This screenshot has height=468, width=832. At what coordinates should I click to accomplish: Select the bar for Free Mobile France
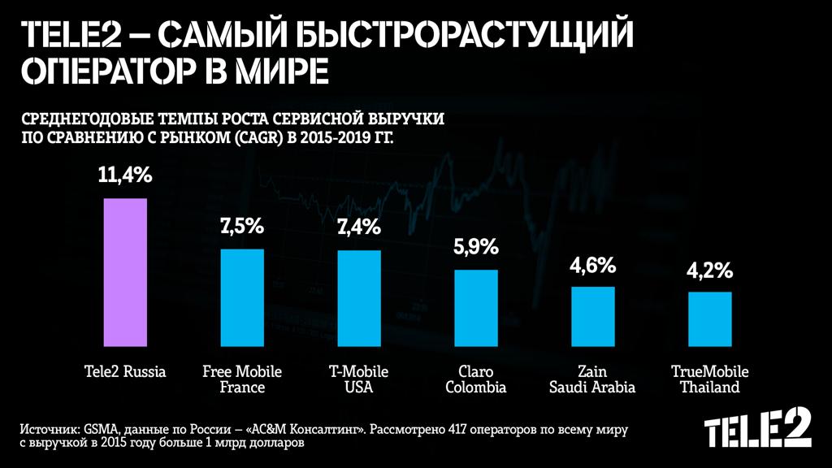(242, 297)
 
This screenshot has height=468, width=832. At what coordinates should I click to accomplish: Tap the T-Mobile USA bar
(359, 297)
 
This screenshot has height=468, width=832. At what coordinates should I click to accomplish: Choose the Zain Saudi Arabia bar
(593, 315)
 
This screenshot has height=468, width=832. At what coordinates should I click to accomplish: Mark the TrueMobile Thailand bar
(710, 318)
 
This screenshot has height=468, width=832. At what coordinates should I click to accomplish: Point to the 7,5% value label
(242, 227)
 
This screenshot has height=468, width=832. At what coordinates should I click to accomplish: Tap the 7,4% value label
(359, 228)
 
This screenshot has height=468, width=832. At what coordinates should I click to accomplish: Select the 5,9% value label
(476, 248)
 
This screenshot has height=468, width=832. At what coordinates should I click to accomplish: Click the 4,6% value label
(593, 265)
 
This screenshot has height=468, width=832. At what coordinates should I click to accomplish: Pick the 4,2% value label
(710, 270)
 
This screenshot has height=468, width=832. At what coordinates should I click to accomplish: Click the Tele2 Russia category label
(125, 372)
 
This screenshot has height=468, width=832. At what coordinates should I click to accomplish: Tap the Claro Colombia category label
(476, 379)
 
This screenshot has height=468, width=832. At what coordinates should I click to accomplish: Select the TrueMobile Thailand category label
(710, 379)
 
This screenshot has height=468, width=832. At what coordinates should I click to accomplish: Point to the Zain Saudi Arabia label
(592, 379)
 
